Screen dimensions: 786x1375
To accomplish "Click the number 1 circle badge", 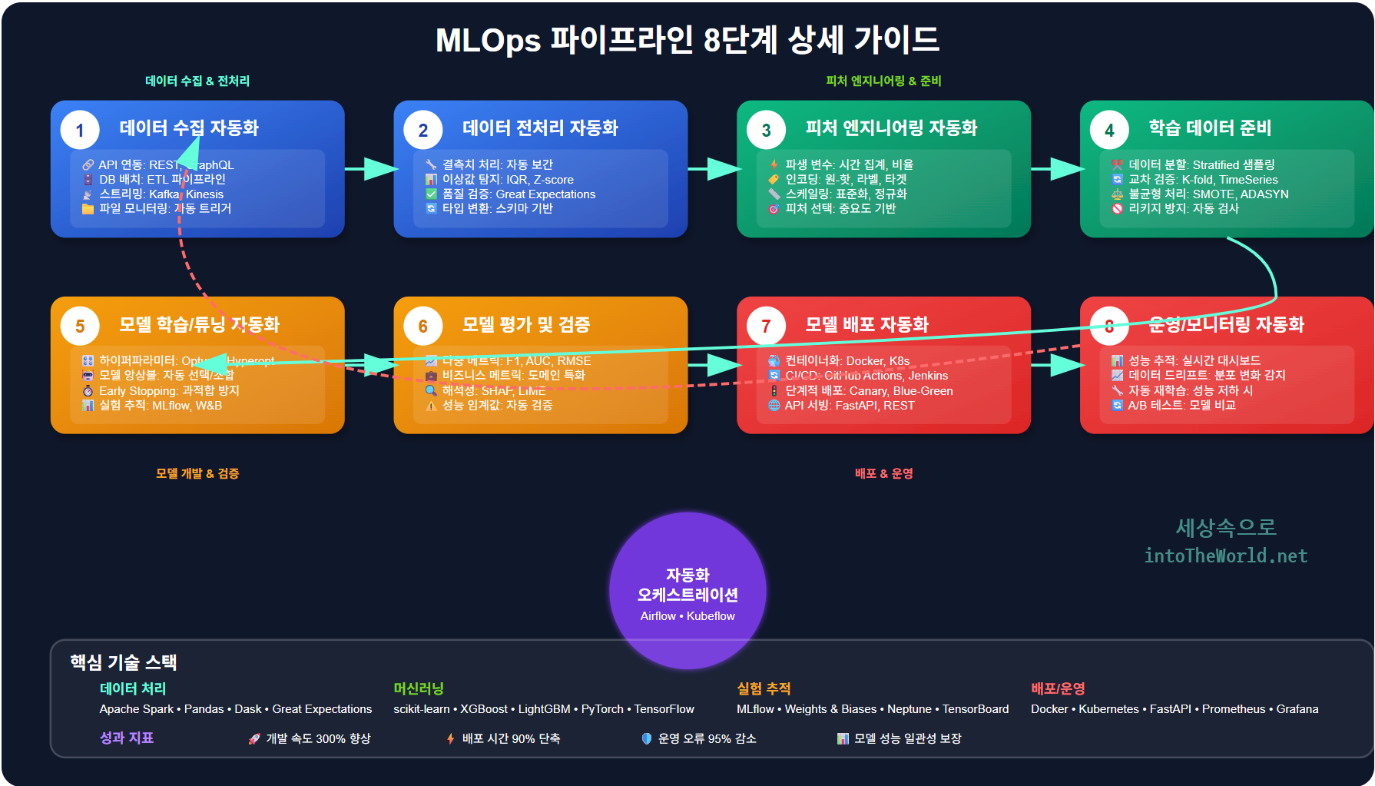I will pos(80,131).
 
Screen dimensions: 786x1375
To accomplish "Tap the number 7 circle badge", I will pos(766,327).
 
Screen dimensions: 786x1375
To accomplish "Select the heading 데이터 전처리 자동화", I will pos(540,128).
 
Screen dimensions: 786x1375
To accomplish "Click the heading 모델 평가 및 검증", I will pos(526,325).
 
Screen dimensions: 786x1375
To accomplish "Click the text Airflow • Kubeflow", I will pos(687,616).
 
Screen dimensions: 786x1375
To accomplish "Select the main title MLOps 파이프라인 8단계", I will pos(687,40).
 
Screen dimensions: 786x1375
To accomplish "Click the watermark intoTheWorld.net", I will pos(1225,556).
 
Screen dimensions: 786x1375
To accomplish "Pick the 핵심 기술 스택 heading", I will pos(124,662).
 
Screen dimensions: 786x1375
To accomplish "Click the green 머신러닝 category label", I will pos(419,689).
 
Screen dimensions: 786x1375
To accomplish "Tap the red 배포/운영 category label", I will pos(1058,689).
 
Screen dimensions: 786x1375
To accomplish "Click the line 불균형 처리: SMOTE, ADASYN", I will pos(1208,194).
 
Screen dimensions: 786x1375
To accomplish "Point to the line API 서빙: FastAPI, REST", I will pos(849,406).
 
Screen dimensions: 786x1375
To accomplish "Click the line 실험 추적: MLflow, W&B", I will pos(160,406).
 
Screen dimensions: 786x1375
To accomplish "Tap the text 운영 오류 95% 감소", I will pos(707,738).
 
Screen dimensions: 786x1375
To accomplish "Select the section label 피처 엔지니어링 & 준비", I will pos(883,81).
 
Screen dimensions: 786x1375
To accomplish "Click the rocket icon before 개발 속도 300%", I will pos(254,739).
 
